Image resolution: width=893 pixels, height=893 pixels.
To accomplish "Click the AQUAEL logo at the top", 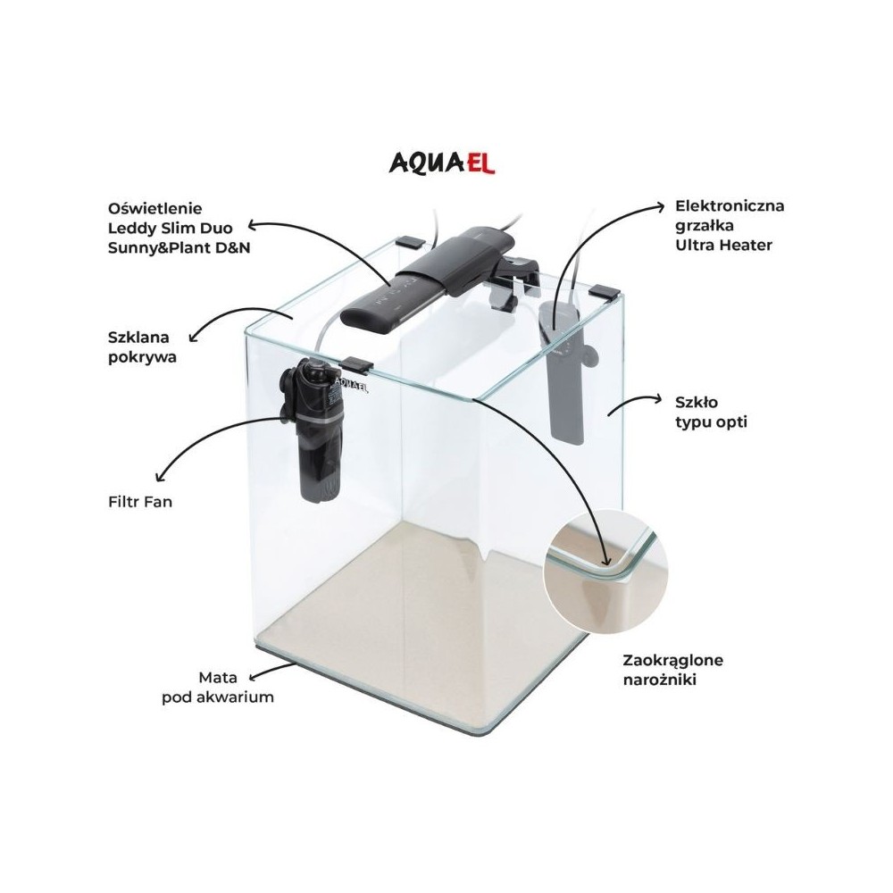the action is pyautogui.click(x=442, y=163).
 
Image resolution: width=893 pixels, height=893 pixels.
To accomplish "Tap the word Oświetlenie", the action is pyautogui.click(x=154, y=208).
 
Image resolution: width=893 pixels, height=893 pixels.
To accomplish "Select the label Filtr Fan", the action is pyautogui.click(x=140, y=502).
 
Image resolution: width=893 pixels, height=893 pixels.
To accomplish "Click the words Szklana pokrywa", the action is pyautogui.click(x=142, y=346).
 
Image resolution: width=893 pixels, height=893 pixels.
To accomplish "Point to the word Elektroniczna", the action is pyautogui.click(x=730, y=205).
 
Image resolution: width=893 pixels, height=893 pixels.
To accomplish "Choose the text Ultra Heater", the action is pyautogui.click(x=724, y=245).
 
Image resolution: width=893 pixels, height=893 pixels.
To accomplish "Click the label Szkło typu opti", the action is pyautogui.click(x=711, y=412).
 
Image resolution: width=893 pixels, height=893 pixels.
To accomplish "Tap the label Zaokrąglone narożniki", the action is pyautogui.click(x=673, y=670).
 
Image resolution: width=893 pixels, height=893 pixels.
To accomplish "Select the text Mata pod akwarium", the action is pyautogui.click(x=218, y=687).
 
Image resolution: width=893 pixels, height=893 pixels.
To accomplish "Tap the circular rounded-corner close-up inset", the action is pyautogui.click(x=605, y=572).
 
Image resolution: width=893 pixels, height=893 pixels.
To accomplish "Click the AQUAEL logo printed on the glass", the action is pyautogui.click(x=350, y=384).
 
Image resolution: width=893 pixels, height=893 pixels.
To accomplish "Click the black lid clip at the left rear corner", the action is pyautogui.click(x=411, y=241).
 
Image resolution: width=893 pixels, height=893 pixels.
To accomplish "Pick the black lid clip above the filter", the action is pyautogui.click(x=356, y=364).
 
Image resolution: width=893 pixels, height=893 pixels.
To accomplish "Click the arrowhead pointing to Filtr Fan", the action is pyautogui.click(x=161, y=475).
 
